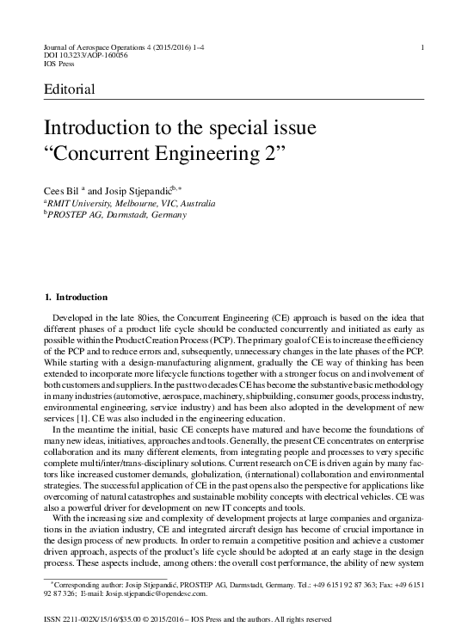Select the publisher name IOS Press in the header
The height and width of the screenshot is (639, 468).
(x=59, y=63)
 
